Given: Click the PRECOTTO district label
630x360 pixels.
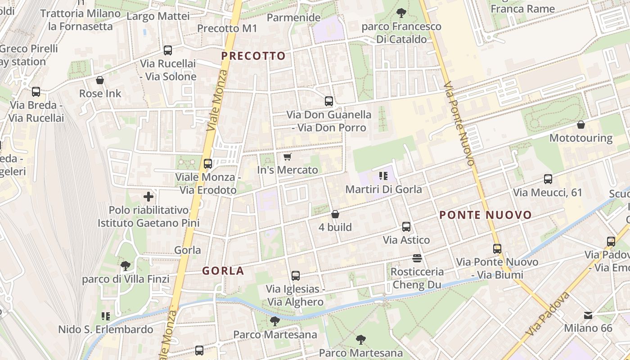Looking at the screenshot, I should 253,56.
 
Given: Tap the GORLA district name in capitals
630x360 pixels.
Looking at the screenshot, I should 223,271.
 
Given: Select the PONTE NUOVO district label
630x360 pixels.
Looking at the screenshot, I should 486,215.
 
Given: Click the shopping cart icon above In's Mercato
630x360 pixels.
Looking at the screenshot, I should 288,157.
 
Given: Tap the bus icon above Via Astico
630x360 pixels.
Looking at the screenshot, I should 406,227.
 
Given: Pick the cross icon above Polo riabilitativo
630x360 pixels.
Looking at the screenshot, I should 148,197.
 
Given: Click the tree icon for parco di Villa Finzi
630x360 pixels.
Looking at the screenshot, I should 126,266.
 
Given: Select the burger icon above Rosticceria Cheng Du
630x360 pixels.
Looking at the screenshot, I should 417,258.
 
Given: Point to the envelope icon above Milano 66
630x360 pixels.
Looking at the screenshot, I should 588,315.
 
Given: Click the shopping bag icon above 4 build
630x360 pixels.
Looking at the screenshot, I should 335,214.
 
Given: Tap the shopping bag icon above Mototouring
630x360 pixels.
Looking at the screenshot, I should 581,125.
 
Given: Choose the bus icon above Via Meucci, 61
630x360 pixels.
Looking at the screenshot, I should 548,179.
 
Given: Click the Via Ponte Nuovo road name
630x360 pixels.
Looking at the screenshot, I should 459,124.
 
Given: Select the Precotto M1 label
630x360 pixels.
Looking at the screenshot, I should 227,28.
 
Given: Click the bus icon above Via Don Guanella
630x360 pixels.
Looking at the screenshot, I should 329,101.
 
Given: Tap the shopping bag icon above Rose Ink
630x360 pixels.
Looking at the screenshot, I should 100,81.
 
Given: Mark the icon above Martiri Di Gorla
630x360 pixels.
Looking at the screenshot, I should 383,176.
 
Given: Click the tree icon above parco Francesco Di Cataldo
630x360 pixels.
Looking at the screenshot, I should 401,13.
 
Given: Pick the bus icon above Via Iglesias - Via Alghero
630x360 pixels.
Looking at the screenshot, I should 296,276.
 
